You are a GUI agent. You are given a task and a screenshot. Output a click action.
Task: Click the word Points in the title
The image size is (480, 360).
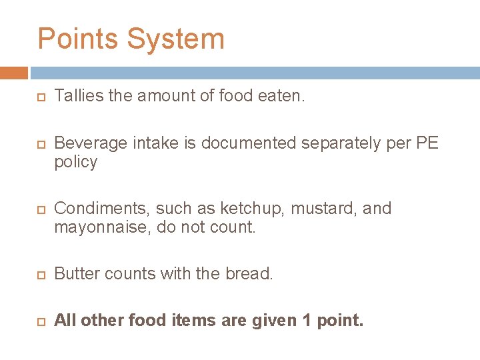click(78, 39)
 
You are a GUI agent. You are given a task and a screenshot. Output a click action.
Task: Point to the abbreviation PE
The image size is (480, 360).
click(426, 143)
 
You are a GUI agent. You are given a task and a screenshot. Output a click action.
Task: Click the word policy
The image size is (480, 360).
click(75, 162)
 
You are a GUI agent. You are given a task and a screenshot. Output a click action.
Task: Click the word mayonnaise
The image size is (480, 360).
click(101, 227)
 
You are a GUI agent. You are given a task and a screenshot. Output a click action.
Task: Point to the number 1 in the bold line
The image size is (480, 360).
click(307, 321)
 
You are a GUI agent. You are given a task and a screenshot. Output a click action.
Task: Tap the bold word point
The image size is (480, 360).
click(341, 321)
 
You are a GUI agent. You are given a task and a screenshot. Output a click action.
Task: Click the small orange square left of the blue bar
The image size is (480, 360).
click(13, 72)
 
